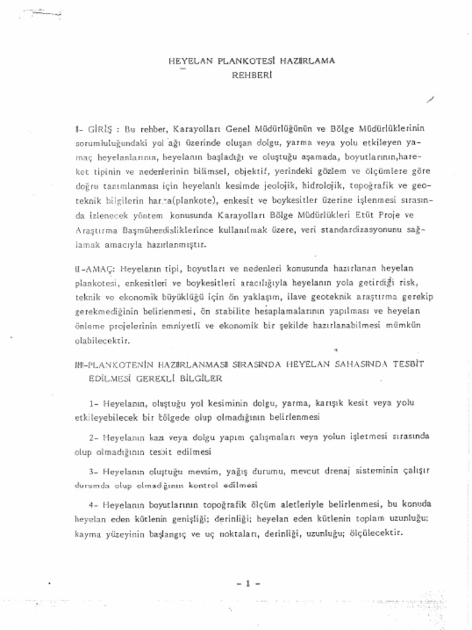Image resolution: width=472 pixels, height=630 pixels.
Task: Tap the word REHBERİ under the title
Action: pyautogui.click(x=251, y=78)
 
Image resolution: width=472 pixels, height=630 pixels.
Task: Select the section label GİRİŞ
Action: pyautogui.click(x=98, y=129)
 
